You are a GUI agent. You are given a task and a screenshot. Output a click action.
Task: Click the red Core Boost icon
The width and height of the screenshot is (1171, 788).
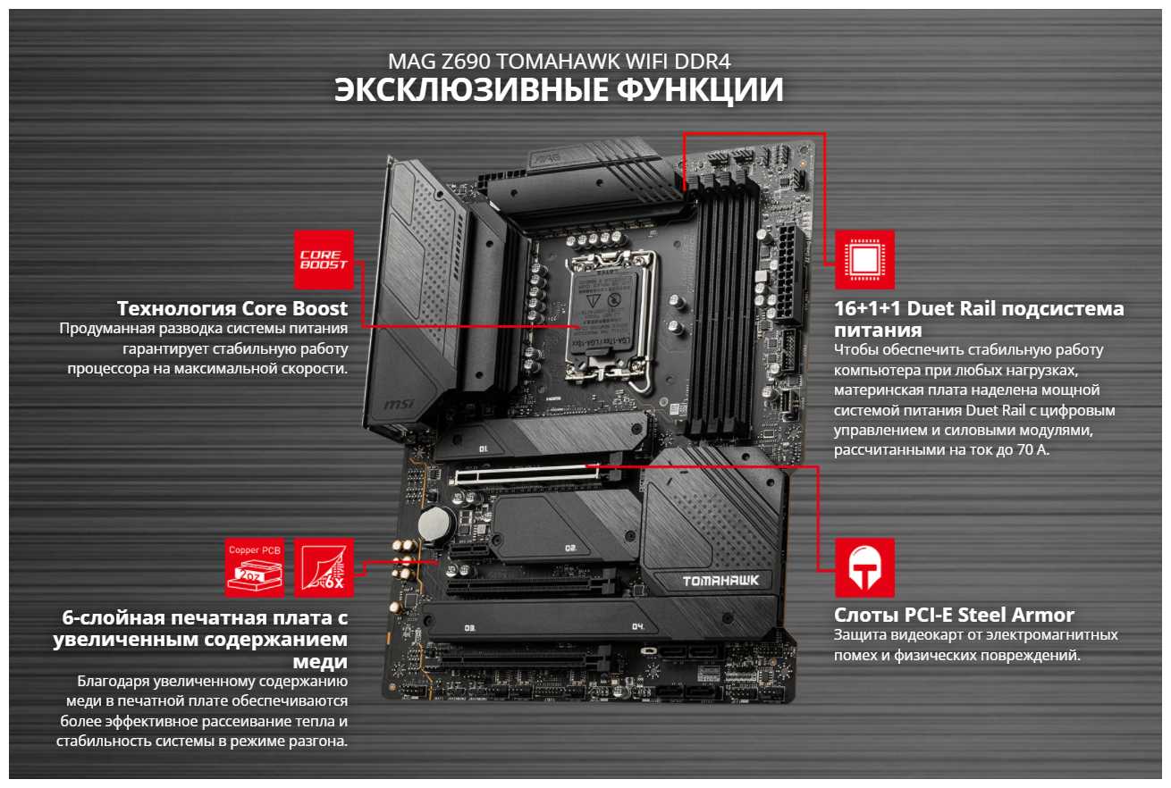324,260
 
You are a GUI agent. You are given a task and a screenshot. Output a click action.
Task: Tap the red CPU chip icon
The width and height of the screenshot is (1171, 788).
864,260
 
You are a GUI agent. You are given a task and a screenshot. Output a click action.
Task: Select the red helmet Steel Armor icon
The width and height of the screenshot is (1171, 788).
864,567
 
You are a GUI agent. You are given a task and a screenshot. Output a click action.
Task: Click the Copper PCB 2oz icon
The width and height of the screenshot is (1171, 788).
255,567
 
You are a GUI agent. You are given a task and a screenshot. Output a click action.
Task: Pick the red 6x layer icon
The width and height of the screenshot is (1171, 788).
324,567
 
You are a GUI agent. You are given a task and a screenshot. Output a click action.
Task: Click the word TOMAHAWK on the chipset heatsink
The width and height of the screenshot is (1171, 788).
720,581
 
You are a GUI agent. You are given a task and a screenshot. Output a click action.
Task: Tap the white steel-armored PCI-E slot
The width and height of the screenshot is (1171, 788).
528,474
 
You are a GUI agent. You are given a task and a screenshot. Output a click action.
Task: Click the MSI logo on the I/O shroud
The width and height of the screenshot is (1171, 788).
399,404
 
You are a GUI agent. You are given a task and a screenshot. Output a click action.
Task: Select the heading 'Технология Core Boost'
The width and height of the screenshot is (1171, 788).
232,308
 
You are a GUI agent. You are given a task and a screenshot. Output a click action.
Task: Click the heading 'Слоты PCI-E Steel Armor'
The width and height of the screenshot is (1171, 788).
954,615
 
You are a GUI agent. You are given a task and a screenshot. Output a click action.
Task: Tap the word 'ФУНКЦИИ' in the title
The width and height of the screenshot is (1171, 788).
700,90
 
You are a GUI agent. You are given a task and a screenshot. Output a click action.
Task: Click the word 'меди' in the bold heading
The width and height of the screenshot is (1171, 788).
320,661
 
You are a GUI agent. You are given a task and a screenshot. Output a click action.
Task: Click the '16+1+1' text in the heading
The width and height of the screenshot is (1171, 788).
867,308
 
